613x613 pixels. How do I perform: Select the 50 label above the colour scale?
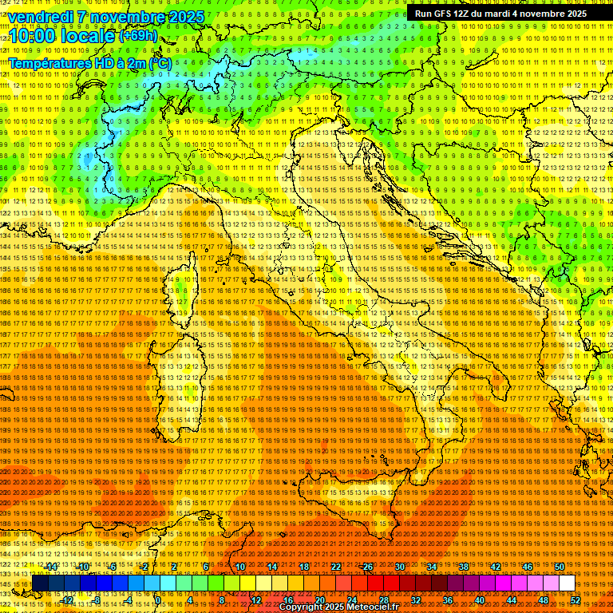pos(559,567)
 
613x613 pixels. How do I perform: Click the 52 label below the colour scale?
pos(575,600)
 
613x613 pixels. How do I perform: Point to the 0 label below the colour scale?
pos(160,600)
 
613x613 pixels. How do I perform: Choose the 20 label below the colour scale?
pos(319,600)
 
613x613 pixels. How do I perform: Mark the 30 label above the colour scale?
pos(399,567)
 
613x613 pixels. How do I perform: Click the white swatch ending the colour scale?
pos(567,583)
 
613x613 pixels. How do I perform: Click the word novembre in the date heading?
pos(127,17)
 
